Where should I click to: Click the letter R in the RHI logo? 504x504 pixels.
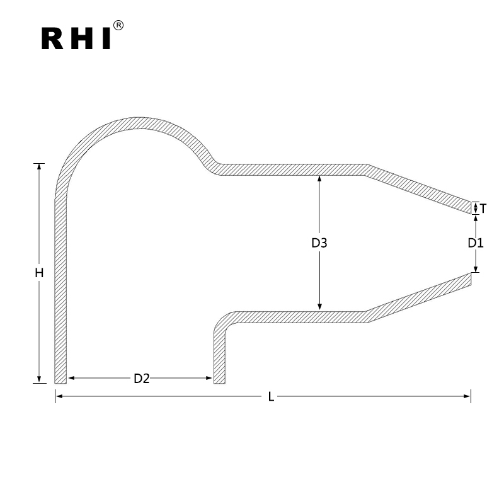pyautogui.click(x=53, y=38)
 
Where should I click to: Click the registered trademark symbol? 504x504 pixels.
pyautogui.click(x=118, y=26)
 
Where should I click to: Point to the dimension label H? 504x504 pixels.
pyautogui.click(x=39, y=273)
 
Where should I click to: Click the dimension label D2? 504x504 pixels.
pyautogui.click(x=141, y=378)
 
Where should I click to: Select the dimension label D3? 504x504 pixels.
pyautogui.click(x=320, y=243)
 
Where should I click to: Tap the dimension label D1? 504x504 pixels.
pyautogui.click(x=476, y=243)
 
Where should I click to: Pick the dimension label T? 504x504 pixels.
pyautogui.click(x=483, y=208)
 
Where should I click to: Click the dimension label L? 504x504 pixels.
pyautogui.click(x=271, y=396)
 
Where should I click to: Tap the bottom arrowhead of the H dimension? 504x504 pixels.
pyautogui.click(x=40, y=379)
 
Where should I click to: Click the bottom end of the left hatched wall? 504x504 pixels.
pyautogui.click(x=60, y=381)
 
